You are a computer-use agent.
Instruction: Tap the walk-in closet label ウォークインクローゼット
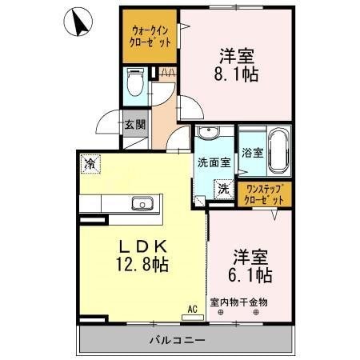(150, 36)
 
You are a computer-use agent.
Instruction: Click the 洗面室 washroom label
(214, 162)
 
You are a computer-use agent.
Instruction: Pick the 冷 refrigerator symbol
(90, 164)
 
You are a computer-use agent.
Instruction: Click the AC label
(192, 307)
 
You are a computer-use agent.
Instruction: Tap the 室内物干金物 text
(239, 302)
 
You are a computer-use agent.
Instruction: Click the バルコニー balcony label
(178, 340)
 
